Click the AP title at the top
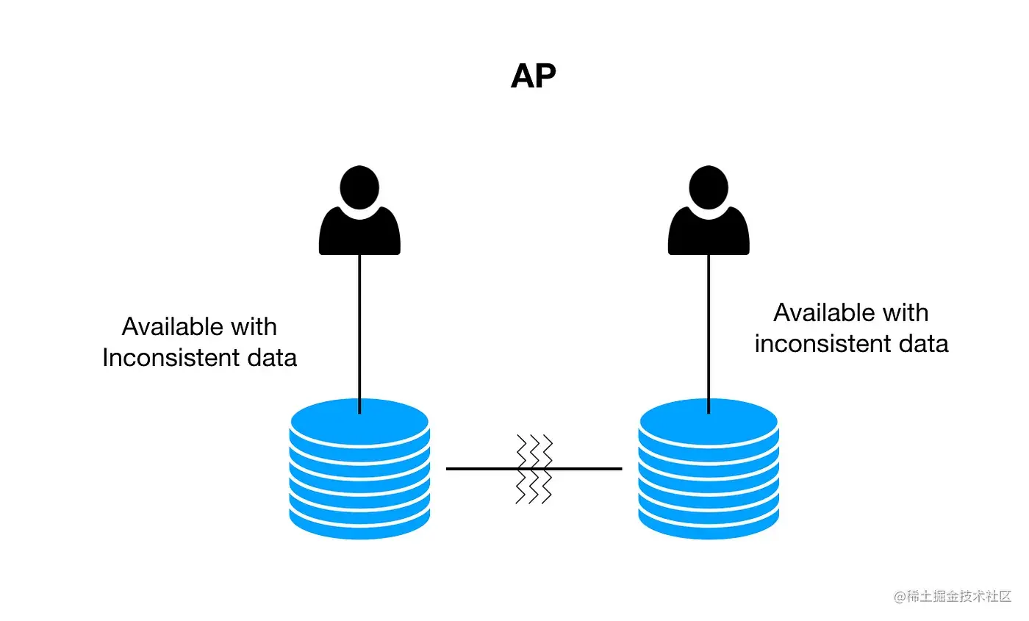[x=533, y=76]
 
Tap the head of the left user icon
[x=359, y=186]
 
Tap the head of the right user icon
[x=709, y=186]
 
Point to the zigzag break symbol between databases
[x=534, y=468]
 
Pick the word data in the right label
[x=922, y=343]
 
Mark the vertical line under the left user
[x=359, y=331]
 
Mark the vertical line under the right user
[x=709, y=331]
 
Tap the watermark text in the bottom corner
[x=953, y=596]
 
